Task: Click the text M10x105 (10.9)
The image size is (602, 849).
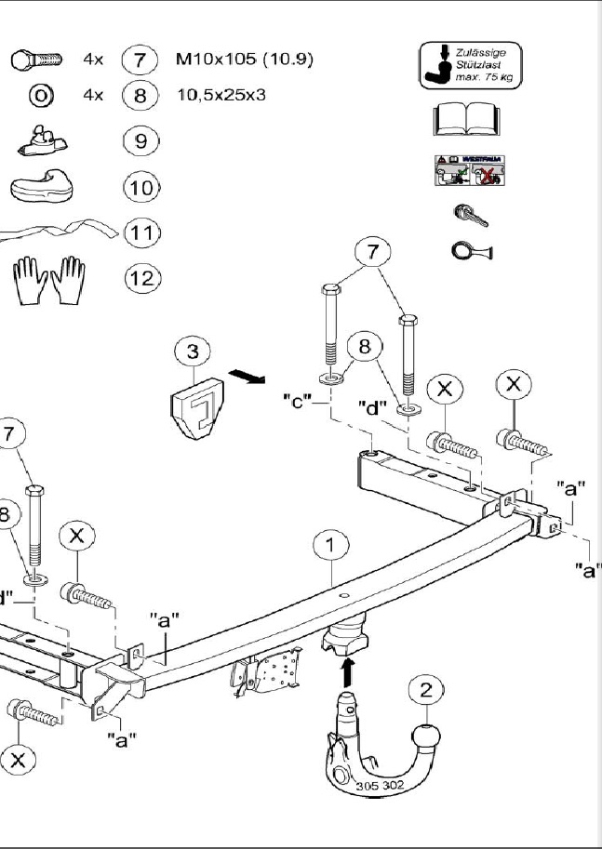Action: (245, 60)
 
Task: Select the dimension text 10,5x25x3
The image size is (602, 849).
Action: (221, 95)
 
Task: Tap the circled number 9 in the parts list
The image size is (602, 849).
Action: (141, 141)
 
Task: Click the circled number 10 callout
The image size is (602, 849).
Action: (141, 187)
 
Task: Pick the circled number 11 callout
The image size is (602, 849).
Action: (141, 232)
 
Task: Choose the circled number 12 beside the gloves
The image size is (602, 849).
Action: (141, 277)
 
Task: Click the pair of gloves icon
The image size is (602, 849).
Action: (49, 279)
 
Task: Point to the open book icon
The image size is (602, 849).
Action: (466, 120)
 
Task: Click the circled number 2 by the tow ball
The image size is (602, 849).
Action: (426, 689)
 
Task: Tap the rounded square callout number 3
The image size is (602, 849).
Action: (193, 352)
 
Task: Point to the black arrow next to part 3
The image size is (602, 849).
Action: (247, 376)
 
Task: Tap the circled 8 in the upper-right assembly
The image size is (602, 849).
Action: (365, 347)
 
